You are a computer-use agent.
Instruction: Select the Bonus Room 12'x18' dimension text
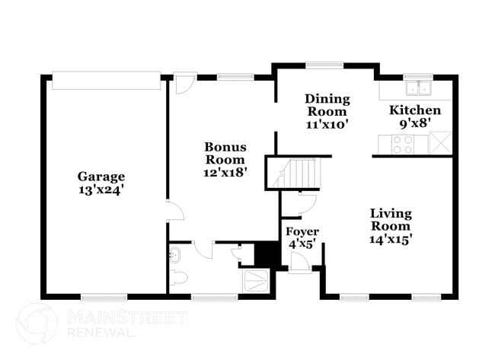point(225,172)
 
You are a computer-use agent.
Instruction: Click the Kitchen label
point(415,110)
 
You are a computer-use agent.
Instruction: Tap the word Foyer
point(302,231)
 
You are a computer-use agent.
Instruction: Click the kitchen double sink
point(418,87)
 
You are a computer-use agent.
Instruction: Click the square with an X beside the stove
point(440,142)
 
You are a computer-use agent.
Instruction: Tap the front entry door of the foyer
point(299,262)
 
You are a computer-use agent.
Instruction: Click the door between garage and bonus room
point(174,212)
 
